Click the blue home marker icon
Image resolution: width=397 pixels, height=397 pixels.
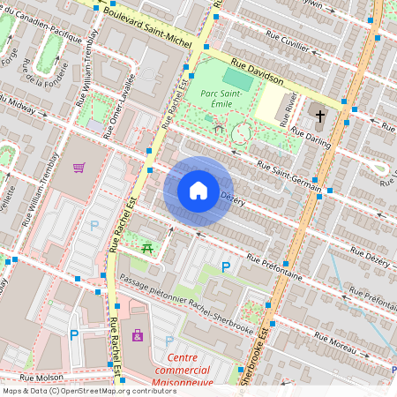[x=198, y=191]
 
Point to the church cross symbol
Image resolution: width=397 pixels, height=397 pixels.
[x=319, y=116]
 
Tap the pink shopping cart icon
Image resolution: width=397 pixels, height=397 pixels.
[x=79, y=168]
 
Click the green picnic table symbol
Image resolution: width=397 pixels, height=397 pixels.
[x=147, y=250]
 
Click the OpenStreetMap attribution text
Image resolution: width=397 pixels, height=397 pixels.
[x=77, y=391]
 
